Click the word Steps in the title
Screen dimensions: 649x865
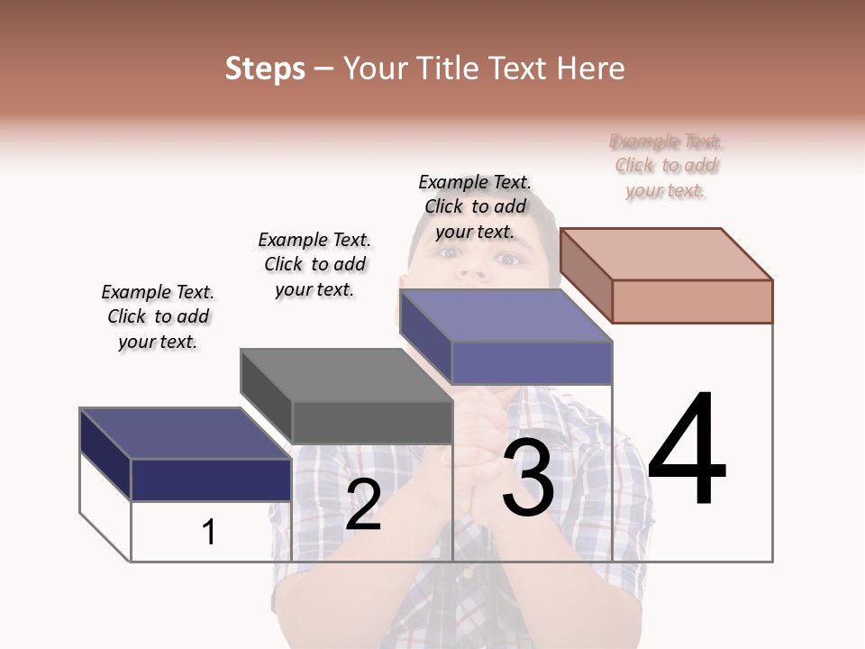[265, 69]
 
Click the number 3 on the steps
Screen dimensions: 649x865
[528, 478]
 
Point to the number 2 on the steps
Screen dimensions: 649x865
[363, 505]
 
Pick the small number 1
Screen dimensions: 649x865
[209, 532]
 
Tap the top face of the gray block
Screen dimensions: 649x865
[346, 374]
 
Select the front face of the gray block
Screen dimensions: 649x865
[371, 422]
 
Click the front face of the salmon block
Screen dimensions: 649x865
[692, 301]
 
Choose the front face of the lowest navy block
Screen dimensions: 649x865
[211, 480]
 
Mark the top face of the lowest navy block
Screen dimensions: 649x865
[185, 433]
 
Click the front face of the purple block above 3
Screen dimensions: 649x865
[532, 362]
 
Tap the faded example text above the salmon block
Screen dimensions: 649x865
[666, 166]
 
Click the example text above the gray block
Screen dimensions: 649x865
[314, 264]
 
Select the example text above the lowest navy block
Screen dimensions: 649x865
[158, 316]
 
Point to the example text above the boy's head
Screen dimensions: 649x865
[475, 206]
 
